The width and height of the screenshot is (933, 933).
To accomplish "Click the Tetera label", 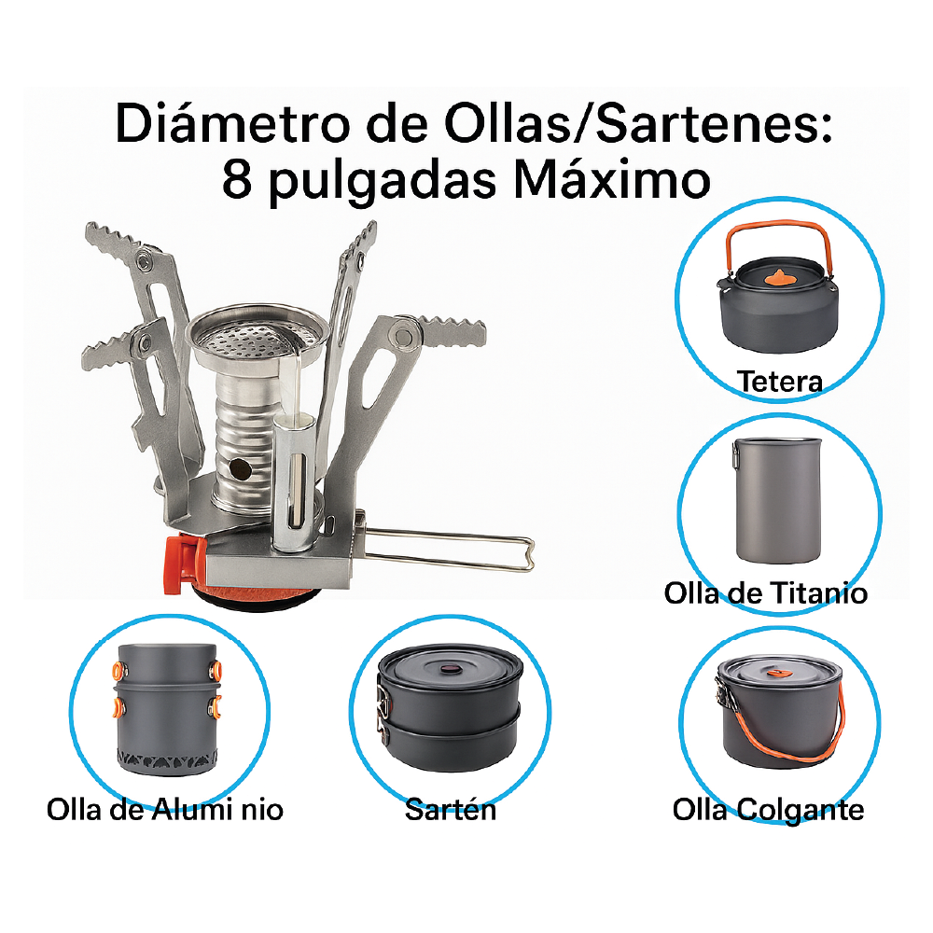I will (x=780, y=382).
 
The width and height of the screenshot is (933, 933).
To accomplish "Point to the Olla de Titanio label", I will (x=766, y=593).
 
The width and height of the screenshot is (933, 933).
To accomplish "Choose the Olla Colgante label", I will (x=768, y=809).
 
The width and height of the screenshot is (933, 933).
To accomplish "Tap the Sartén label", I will (x=451, y=809).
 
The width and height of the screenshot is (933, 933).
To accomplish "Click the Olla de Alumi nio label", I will (x=165, y=809).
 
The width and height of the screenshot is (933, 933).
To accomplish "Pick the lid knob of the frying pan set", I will (x=451, y=669).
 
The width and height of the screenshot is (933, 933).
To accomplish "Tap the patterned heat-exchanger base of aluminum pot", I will (x=165, y=758).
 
